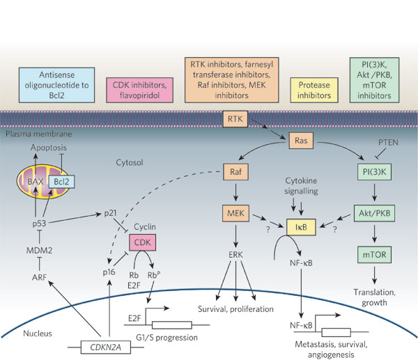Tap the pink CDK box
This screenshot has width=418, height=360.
pyautogui.click(x=141, y=243)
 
